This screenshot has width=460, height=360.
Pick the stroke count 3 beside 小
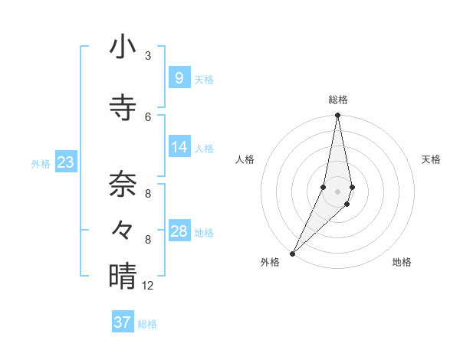(x=148, y=55)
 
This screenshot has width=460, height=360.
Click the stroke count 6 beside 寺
(x=148, y=116)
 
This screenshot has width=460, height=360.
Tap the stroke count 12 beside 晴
(x=148, y=286)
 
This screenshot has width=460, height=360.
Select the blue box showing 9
(x=179, y=77)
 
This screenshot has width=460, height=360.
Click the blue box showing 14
(x=179, y=147)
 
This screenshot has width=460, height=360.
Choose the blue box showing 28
(x=179, y=231)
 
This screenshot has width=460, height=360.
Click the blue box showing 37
(x=123, y=322)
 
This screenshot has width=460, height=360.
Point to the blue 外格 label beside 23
(x=41, y=163)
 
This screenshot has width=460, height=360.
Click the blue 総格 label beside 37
(x=147, y=324)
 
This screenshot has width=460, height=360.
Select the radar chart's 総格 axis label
(x=337, y=100)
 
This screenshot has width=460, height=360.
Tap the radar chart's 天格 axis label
(x=431, y=159)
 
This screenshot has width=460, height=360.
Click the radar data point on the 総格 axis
(x=337, y=116)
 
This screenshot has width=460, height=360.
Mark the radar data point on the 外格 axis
(x=292, y=253)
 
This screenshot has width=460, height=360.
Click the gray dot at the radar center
(x=337, y=191)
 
